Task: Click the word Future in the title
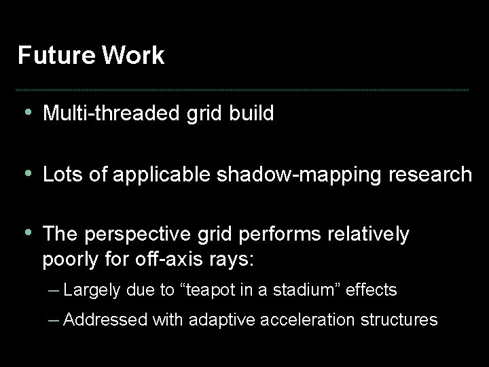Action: click(56, 56)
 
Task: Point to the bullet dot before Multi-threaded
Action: click(26, 112)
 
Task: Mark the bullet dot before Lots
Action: click(26, 173)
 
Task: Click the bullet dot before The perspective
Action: click(26, 233)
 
